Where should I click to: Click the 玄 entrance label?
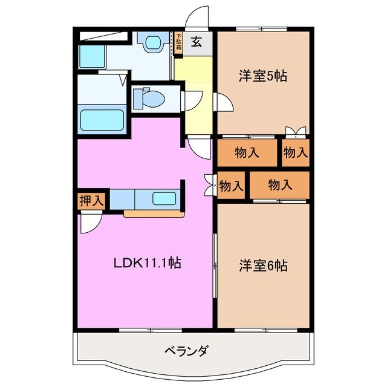(x=198, y=42)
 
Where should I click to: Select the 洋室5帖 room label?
(x=262, y=76)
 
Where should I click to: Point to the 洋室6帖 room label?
(x=263, y=265)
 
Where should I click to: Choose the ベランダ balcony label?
(x=187, y=350)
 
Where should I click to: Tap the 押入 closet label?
(x=91, y=201)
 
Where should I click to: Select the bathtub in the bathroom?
(x=102, y=122)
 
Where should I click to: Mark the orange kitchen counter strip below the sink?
(x=154, y=213)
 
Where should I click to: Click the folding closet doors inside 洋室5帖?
(x=296, y=131)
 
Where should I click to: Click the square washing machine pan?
(x=92, y=56)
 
